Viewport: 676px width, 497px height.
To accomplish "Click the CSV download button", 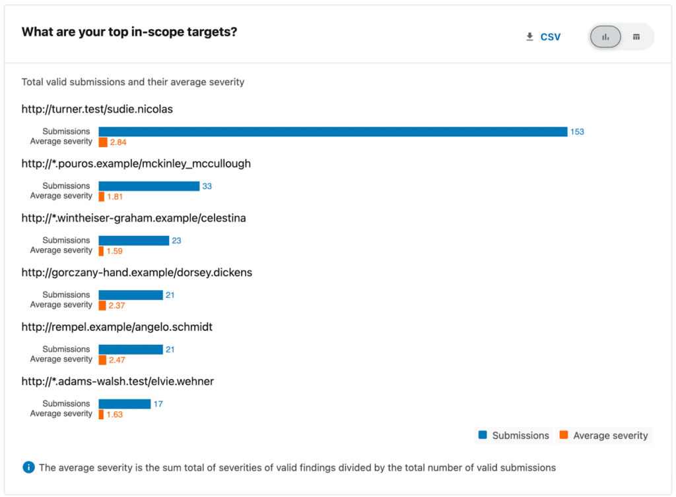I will pyautogui.click(x=543, y=37).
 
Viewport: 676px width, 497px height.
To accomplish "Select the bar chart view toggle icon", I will pyautogui.click(x=605, y=37).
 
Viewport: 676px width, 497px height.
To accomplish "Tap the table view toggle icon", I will pyautogui.click(x=636, y=37).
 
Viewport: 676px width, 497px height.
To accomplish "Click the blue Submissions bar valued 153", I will pyautogui.click(x=333, y=132).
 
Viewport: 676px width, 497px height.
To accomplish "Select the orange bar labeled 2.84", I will pyautogui.click(x=103, y=142).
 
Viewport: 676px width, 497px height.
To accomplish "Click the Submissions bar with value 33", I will pyautogui.click(x=149, y=187).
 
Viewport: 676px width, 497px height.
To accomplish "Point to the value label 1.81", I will pyautogui.click(x=115, y=196).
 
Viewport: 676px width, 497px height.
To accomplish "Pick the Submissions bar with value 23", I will pyautogui.click(x=133, y=241).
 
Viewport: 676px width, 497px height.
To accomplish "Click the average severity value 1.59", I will pyautogui.click(x=115, y=251).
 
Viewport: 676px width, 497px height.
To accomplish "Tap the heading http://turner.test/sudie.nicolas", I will pyautogui.click(x=97, y=109).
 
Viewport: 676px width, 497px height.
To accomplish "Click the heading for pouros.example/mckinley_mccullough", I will pyautogui.click(x=136, y=163).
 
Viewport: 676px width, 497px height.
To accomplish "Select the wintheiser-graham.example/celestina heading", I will pyautogui.click(x=133, y=218).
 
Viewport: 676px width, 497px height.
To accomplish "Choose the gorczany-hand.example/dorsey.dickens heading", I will pyautogui.click(x=137, y=272).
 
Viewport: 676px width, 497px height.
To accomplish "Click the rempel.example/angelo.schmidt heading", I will pyautogui.click(x=117, y=327).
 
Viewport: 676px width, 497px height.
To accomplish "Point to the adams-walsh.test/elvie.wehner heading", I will pyautogui.click(x=118, y=381).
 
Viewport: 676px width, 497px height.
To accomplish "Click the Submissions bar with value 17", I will pyautogui.click(x=125, y=404).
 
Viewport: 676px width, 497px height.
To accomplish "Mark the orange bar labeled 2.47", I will pyautogui.click(x=102, y=360).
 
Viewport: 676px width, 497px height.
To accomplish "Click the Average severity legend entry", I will pyautogui.click(x=603, y=436).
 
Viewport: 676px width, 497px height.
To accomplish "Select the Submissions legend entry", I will pyautogui.click(x=514, y=436).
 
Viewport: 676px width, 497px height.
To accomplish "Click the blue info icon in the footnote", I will pyautogui.click(x=28, y=467).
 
